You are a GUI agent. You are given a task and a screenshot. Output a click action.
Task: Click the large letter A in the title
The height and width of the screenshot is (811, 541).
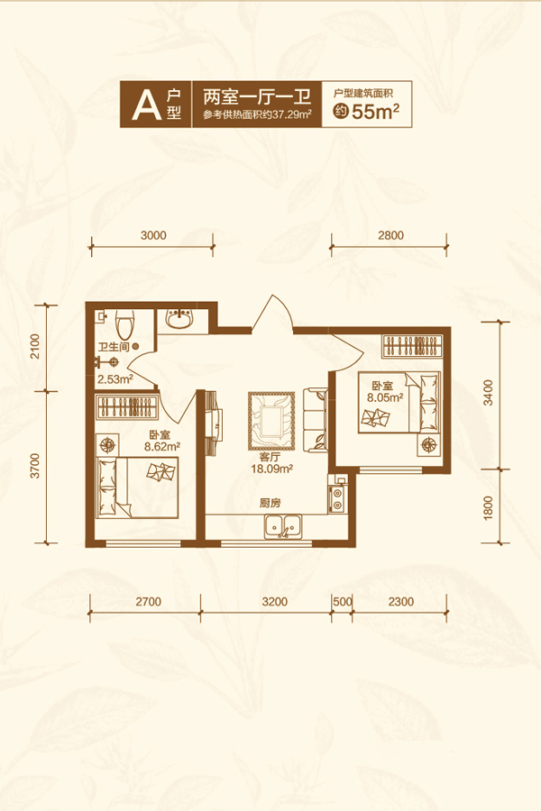(x=146, y=105)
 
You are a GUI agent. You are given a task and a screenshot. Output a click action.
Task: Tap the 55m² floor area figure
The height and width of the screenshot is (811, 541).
(x=375, y=111)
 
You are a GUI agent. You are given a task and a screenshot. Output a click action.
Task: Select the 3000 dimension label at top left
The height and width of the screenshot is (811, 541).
(x=153, y=235)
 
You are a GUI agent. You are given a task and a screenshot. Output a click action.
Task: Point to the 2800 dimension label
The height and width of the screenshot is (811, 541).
(x=390, y=235)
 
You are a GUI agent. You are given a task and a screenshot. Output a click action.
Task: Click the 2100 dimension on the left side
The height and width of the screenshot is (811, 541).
(x=34, y=347)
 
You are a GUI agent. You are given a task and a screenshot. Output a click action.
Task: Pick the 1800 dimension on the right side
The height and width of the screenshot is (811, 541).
(x=488, y=507)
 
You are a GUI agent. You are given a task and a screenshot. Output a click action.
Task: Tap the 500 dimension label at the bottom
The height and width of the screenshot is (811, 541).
(x=343, y=602)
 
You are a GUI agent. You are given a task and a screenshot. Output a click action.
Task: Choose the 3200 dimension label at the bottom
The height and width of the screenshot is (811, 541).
(x=274, y=602)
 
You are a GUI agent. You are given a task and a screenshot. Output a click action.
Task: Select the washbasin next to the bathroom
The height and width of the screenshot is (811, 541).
(x=180, y=319)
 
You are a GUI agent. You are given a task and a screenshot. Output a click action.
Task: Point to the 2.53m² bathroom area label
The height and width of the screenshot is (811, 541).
(x=115, y=379)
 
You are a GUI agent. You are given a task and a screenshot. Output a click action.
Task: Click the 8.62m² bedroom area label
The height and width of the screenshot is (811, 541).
(x=162, y=447)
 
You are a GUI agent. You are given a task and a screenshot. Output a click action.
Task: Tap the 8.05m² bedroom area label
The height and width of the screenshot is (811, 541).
(x=385, y=397)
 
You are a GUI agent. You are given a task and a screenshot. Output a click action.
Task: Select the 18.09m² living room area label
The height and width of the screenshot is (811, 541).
(x=271, y=469)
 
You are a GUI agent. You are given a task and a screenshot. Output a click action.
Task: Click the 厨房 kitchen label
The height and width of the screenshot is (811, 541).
(x=270, y=503)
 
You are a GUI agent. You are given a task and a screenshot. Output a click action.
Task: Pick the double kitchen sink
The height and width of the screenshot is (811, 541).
(x=282, y=526)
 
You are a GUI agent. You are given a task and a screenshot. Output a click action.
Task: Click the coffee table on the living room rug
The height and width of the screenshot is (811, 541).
(x=271, y=421)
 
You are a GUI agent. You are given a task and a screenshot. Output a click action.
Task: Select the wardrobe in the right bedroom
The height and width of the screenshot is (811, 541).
(x=413, y=345)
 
